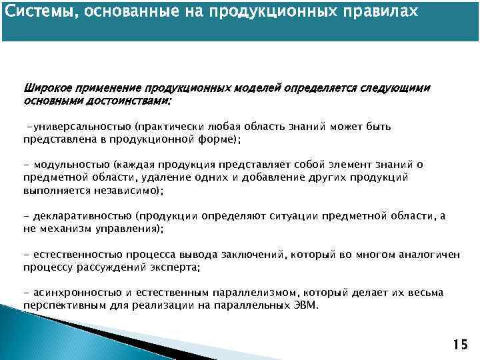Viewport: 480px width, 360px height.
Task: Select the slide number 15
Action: [x=460, y=345]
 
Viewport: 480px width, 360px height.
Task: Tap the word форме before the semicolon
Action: [x=219, y=139]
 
